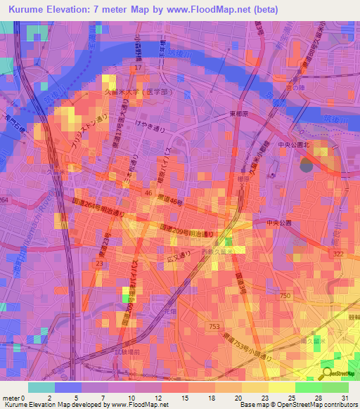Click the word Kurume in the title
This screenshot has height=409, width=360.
click(x=30, y=10)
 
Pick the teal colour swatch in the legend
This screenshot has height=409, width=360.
click(x=41, y=387)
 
